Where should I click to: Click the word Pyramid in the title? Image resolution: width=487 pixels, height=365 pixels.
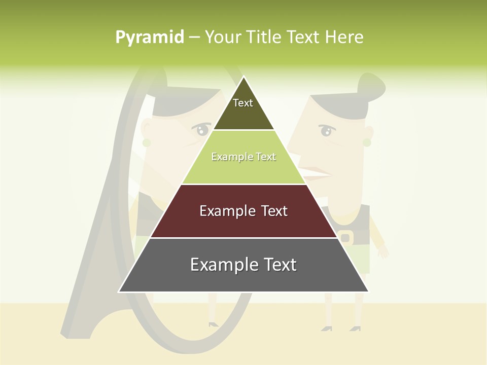click(150, 38)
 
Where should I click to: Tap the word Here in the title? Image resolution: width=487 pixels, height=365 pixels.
click(344, 38)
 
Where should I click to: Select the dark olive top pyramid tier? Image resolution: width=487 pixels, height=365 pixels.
click(243, 109)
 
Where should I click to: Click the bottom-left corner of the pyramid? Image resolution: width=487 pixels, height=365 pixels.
click(120, 291)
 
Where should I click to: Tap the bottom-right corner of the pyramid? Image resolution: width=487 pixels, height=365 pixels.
click(368, 291)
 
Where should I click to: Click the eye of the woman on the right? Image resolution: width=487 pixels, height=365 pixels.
click(326, 131)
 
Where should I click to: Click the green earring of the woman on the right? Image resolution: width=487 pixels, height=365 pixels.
click(367, 142)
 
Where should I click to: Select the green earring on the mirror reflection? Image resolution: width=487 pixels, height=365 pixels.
click(147, 143)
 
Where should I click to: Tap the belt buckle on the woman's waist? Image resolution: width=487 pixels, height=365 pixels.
click(345, 237)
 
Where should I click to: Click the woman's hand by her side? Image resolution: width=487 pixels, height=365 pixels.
click(382, 250)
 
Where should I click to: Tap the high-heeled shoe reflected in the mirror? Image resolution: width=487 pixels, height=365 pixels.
click(213, 323)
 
